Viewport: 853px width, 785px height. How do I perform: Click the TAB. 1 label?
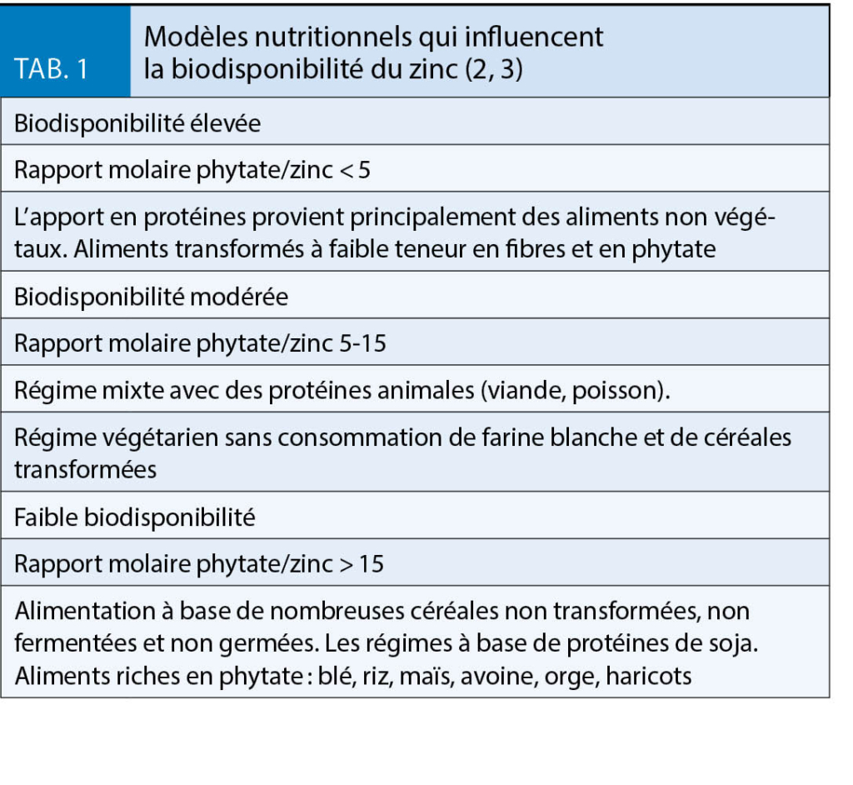[52, 69]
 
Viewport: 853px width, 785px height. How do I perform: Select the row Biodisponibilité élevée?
[137, 122]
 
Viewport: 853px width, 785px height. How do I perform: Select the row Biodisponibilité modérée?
[151, 297]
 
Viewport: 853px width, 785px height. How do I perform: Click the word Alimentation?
[76, 611]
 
